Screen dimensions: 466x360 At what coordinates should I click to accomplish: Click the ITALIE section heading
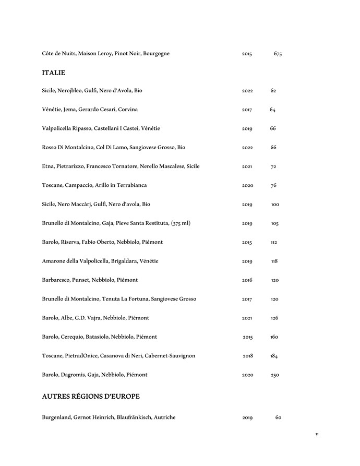[x=53, y=73]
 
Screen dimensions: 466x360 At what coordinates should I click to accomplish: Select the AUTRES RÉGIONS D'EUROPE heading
[x=90, y=397]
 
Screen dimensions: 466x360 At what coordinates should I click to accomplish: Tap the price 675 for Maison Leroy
[x=278, y=54]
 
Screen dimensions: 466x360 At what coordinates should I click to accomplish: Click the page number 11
[x=317, y=434]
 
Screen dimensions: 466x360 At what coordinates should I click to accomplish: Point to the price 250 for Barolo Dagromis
[x=275, y=375]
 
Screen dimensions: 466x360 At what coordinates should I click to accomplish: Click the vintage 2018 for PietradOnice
[x=248, y=356]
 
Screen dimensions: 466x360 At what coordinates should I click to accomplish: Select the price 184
[x=274, y=356]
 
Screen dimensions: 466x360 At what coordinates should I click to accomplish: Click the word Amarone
[x=54, y=261]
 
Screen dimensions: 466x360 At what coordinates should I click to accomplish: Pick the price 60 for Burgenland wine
[x=278, y=418]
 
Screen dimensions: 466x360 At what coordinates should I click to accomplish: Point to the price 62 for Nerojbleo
[x=273, y=91]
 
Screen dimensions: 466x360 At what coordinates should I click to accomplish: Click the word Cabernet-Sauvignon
[x=169, y=356]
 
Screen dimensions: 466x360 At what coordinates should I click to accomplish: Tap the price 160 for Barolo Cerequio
[x=274, y=337]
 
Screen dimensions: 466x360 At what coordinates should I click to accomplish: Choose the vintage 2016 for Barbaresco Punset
[x=247, y=280]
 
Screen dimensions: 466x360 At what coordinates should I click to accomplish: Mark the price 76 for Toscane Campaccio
[x=273, y=186]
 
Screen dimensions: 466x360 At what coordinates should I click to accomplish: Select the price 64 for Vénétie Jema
[x=272, y=110]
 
